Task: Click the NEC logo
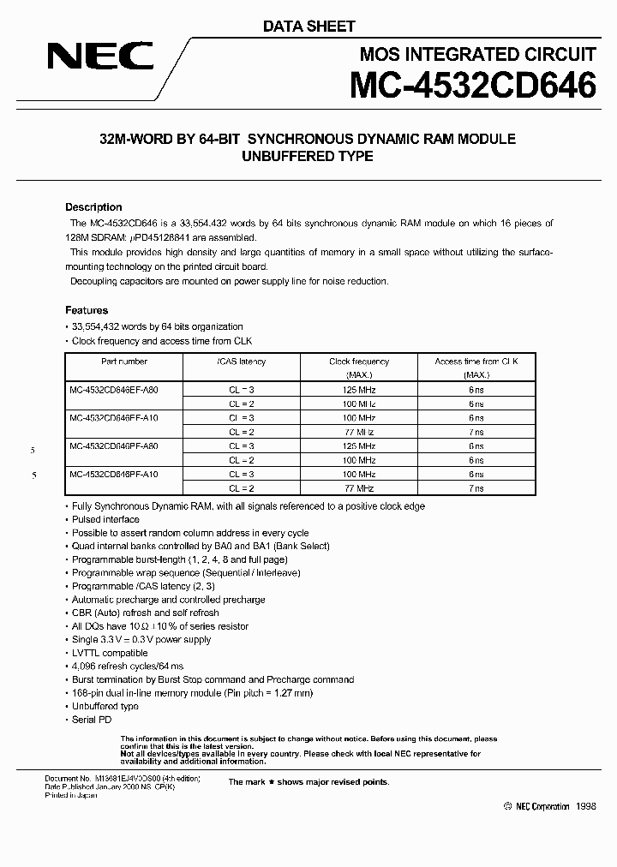pyautogui.click(x=99, y=57)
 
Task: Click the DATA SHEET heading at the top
pyautogui.click(x=308, y=27)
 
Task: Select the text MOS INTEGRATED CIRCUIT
pyautogui.click(x=477, y=54)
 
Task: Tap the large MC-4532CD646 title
pyautogui.click(x=472, y=86)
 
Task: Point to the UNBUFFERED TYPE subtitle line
pyautogui.click(x=308, y=156)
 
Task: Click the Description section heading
pyautogui.click(x=93, y=207)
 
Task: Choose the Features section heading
pyautogui.click(x=87, y=310)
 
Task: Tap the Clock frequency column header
pyautogui.click(x=359, y=368)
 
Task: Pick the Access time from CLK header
pyautogui.click(x=476, y=368)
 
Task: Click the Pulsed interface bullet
pyautogui.click(x=105, y=519)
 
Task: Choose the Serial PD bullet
pyautogui.click(x=92, y=720)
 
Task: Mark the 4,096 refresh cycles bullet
pyautogui.click(x=128, y=666)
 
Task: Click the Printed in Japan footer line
pyautogui.click(x=71, y=795)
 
